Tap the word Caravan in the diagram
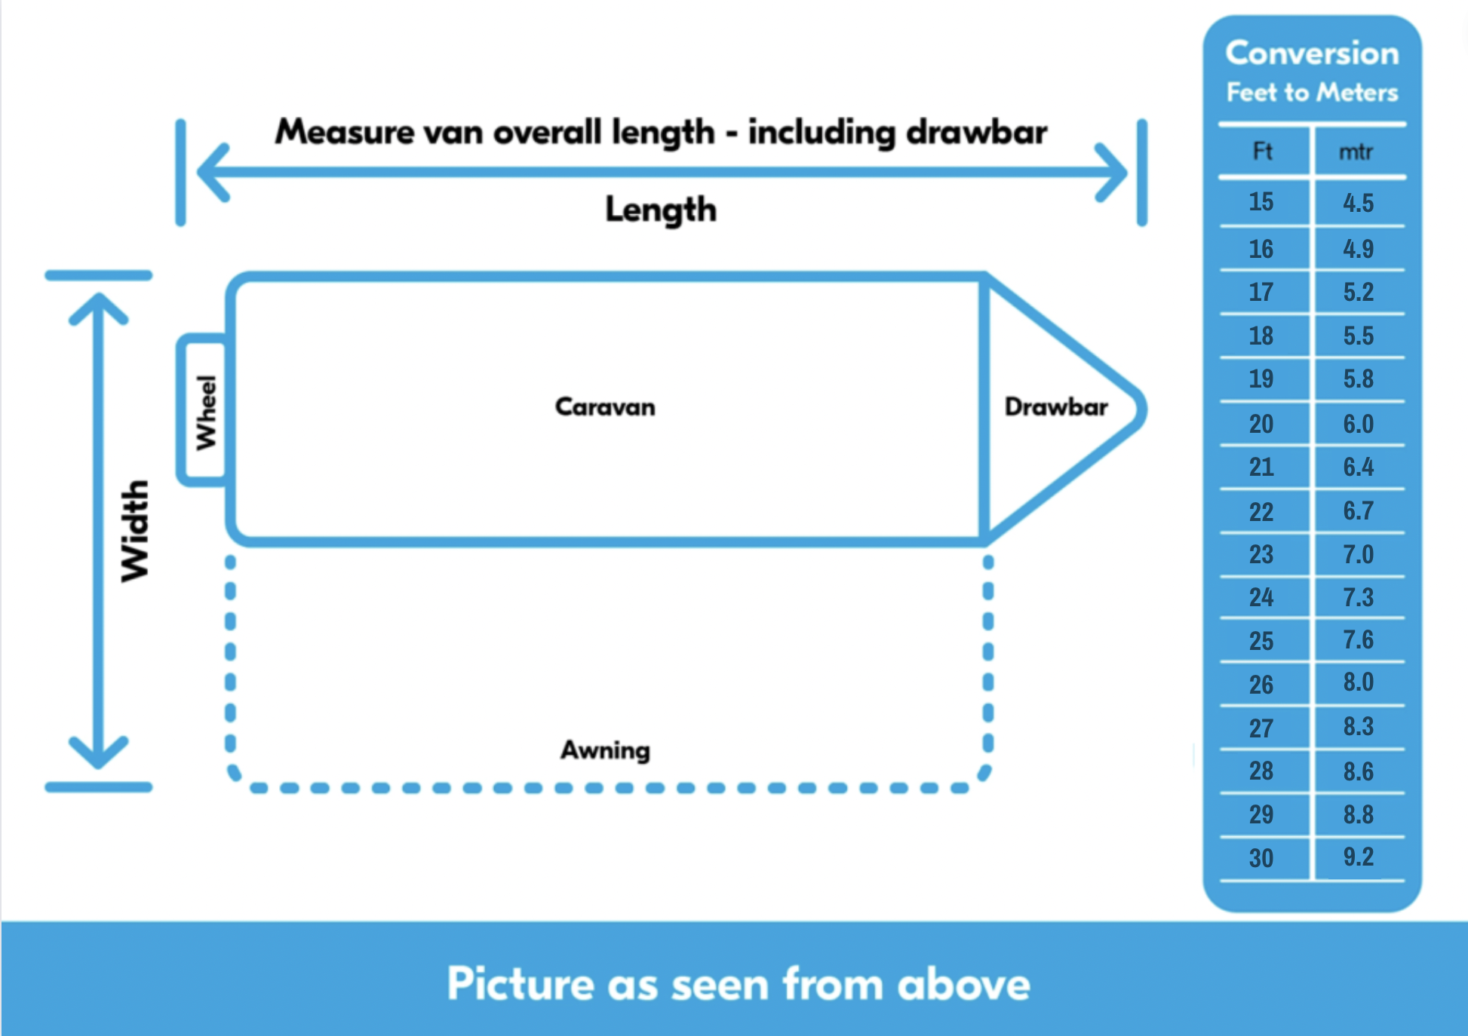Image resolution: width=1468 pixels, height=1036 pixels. pyautogui.click(x=605, y=407)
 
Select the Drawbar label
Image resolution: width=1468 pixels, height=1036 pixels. pyautogui.click(x=1055, y=407)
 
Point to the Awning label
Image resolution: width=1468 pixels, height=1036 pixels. pyautogui.click(x=605, y=750)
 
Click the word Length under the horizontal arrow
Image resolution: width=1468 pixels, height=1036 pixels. pyautogui.click(x=661, y=210)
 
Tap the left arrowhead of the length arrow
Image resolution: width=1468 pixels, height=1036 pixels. pyautogui.click(x=211, y=173)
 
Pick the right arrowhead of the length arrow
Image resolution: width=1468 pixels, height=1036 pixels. pyautogui.click(x=1112, y=173)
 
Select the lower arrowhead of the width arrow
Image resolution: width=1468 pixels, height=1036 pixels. pyautogui.click(x=98, y=753)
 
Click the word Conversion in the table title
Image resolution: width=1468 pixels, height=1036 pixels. pyautogui.click(x=1312, y=53)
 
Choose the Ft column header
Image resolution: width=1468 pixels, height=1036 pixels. pyautogui.click(x=1262, y=152)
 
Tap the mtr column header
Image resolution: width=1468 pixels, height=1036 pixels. pyautogui.click(x=1356, y=152)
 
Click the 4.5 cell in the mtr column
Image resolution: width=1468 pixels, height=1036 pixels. pyautogui.click(x=1358, y=203)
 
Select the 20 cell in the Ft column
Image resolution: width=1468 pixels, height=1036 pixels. pyautogui.click(x=1261, y=424)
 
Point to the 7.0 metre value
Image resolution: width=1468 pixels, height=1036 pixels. pyautogui.click(x=1358, y=555)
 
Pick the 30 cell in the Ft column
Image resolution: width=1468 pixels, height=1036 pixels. pyautogui.click(x=1261, y=858)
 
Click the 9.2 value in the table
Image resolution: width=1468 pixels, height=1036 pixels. pyautogui.click(x=1358, y=857)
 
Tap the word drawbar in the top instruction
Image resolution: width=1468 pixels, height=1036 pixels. pyautogui.click(x=976, y=133)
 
